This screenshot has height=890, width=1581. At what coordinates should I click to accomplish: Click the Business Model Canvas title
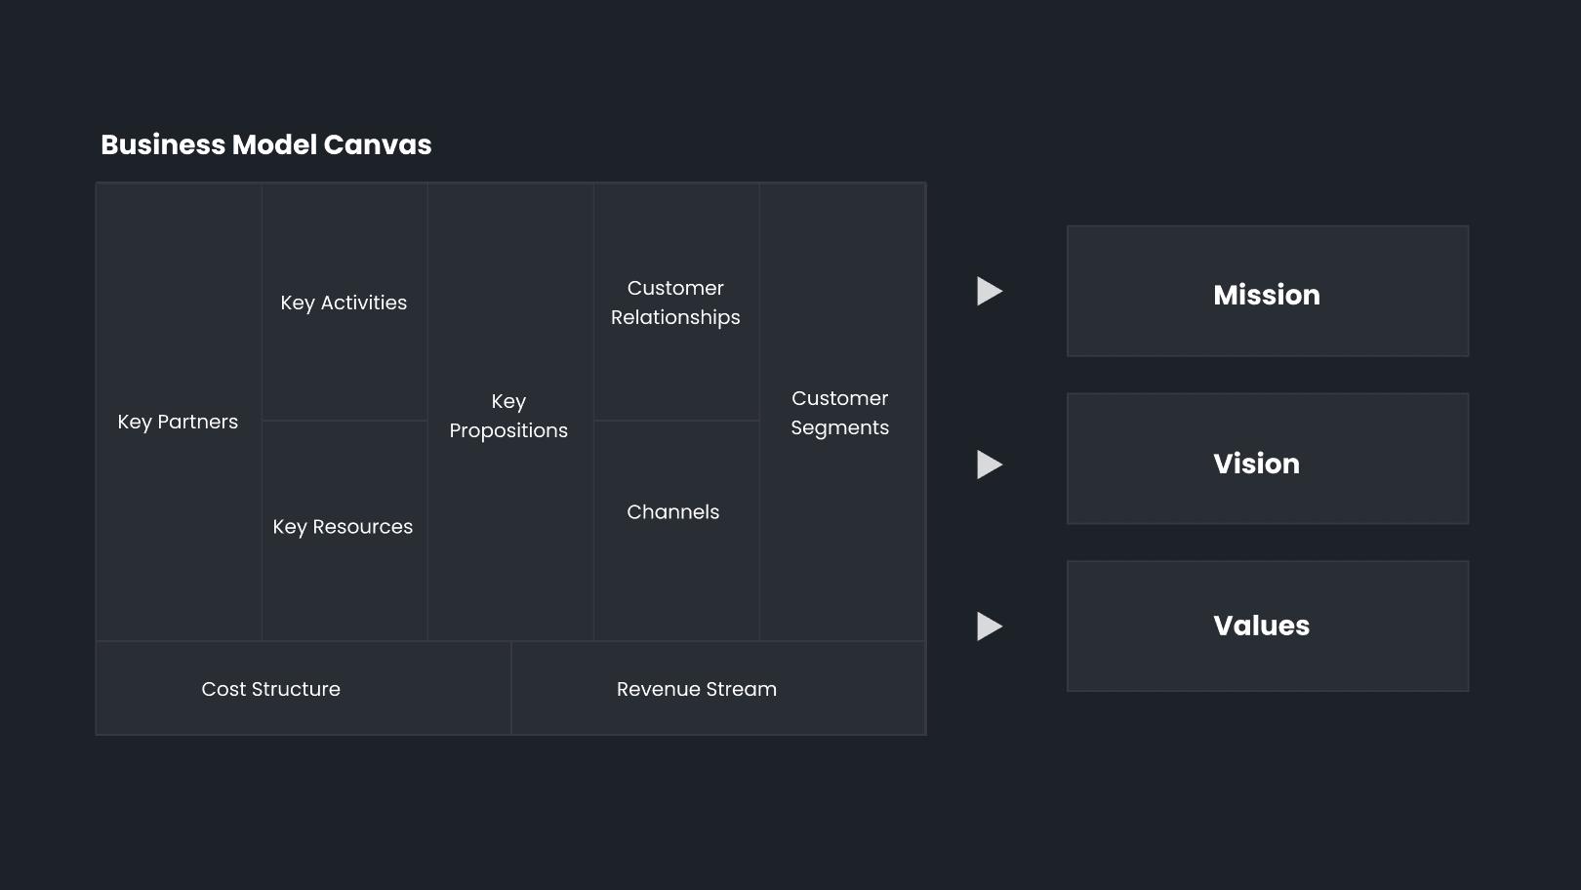[x=266, y=145]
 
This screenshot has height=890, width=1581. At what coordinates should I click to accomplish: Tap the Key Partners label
[x=178, y=422]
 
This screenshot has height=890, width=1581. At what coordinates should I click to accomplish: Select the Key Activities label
[x=344, y=303]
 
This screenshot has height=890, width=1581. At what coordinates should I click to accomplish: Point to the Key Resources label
[x=343, y=527]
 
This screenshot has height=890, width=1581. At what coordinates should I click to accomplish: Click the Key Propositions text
[x=508, y=416]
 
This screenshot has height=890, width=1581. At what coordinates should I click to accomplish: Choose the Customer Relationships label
[x=675, y=303]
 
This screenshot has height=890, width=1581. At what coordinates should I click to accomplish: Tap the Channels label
[x=673, y=511]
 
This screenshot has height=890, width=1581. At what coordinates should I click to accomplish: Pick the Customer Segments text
[x=840, y=413]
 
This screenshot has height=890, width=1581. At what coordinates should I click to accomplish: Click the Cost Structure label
[x=271, y=689]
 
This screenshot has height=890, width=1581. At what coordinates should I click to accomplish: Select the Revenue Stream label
[x=697, y=689]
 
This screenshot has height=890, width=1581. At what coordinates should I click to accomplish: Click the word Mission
[x=1267, y=295]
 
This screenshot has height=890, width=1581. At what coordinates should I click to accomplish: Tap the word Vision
[x=1256, y=464]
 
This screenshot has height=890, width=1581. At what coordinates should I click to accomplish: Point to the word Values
[x=1261, y=626]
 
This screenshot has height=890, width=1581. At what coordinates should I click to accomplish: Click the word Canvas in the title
[x=378, y=145]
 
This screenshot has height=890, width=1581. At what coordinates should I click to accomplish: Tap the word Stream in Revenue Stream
[x=742, y=689]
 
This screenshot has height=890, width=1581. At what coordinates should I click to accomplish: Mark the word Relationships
[x=675, y=317]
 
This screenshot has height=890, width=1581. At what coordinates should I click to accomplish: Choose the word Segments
[x=840, y=427]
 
